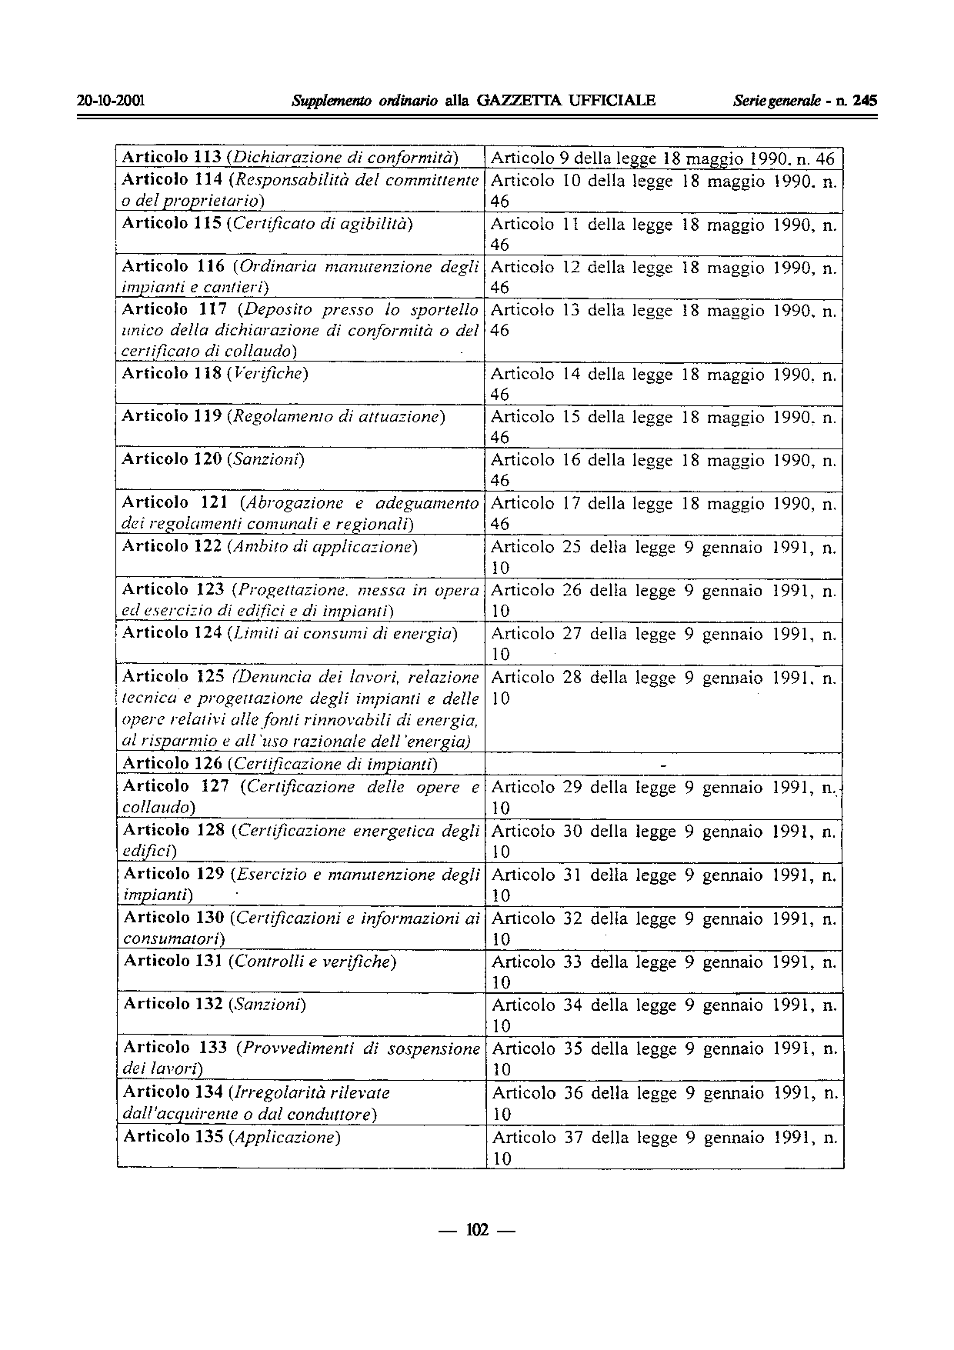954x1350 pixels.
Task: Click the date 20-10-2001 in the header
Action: tap(112, 101)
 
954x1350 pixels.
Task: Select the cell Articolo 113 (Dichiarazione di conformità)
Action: tap(291, 158)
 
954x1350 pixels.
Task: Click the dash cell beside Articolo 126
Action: tap(664, 765)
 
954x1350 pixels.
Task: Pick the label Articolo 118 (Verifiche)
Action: tap(215, 374)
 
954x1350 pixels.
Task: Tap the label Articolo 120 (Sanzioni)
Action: tap(214, 460)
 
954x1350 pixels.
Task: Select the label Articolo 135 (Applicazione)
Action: tap(232, 1137)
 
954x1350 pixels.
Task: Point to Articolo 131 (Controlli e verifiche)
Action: tap(260, 962)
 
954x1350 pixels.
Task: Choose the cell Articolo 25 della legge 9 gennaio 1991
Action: tap(664, 557)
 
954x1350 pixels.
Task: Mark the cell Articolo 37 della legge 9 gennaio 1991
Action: tap(664, 1147)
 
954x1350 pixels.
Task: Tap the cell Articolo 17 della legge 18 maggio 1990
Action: tap(664, 513)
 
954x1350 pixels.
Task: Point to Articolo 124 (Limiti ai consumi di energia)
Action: tap(290, 634)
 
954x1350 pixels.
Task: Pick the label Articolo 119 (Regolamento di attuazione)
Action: tap(285, 417)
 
